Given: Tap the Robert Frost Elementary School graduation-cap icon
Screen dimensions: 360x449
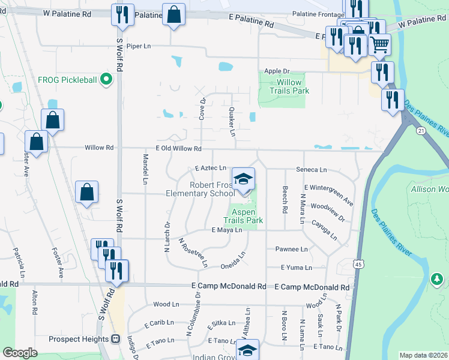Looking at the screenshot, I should click(x=243, y=179).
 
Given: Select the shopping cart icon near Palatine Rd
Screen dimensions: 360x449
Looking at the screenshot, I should click(x=379, y=44).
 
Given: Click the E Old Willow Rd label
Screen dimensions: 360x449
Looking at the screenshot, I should click(x=178, y=148).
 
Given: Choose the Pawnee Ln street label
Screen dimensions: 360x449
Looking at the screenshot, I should click(x=291, y=249).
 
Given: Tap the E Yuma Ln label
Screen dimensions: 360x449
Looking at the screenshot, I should click(x=297, y=268).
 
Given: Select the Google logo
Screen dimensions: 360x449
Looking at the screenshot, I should click(x=20, y=352).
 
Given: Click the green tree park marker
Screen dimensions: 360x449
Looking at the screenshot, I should click(x=437, y=279).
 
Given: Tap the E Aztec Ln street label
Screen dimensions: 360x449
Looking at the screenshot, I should click(x=210, y=169).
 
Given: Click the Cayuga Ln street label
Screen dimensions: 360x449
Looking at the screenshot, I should click(x=325, y=229).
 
